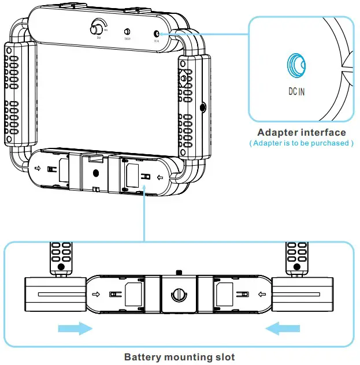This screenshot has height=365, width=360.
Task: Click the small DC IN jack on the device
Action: [157, 34]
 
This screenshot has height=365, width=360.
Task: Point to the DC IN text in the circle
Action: [296, 91]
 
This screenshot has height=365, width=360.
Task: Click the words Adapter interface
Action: [302, 133]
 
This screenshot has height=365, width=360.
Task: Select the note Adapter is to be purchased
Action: [301, 143]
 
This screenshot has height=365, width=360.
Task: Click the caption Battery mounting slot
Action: [180, 357]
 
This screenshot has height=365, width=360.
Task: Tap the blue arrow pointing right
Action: [76, 329]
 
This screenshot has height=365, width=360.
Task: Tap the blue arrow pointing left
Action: [283, 329]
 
